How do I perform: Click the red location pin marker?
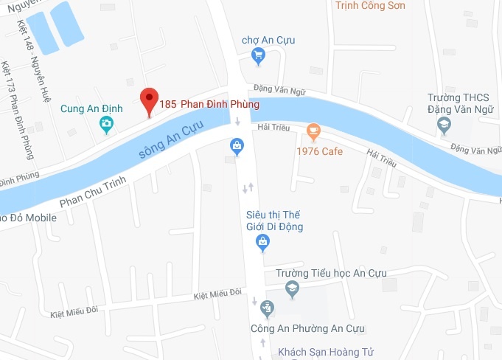pyautogui.click(x=150, y=100)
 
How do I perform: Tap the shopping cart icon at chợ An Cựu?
pyautogui.click(x=258, y=55)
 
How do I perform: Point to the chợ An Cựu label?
pyautogui.click(x=268, y=40)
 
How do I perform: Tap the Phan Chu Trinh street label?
pyautogui.click(x=91, y=192)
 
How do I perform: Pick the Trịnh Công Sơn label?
pyautogui.click(x=370, y=6)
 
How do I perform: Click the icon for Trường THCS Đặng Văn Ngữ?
pyautogui.click(x=444, y=125)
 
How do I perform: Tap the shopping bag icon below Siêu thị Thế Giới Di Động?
pyautogui.click(x=262, y=241)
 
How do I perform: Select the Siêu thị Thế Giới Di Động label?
pyautogui.click(x=274, y=221)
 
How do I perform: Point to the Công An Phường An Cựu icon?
pyautogui.click(x=267, y=307)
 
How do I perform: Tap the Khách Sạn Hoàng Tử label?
pyautogui.click(x=321, y=352)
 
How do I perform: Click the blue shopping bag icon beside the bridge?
pyautogui.click(x=237, y=145)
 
